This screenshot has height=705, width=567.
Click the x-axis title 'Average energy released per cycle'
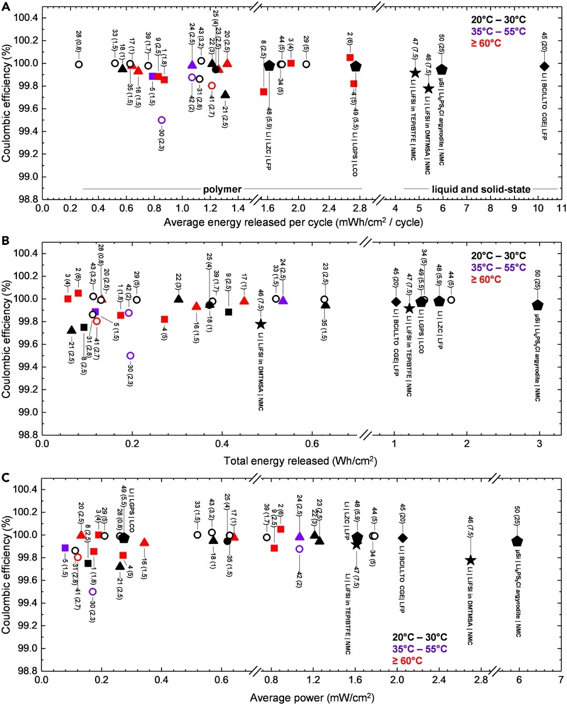(x=293, y=222)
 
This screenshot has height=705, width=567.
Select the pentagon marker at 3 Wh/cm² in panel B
(x=538, y=304)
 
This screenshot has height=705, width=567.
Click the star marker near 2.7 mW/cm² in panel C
(x=471, y=560)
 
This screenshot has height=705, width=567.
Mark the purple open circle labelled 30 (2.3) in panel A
(x=162, y=120)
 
